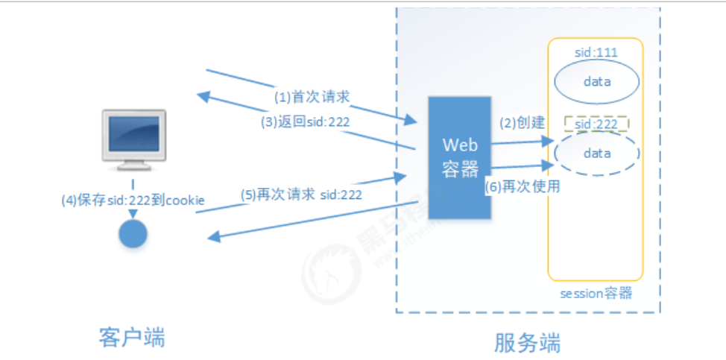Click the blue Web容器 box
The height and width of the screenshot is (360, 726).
point(459,157)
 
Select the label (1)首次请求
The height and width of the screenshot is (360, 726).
point(312,96)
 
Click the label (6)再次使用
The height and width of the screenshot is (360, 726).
point(522,187)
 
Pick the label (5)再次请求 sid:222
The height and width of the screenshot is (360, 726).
point(301,195)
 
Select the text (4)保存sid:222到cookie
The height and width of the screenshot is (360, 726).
point(133,200)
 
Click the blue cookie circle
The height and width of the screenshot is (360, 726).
point(133,234)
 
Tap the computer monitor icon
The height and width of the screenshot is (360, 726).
point(134,139)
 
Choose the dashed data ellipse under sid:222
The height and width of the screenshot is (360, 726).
point(596,154)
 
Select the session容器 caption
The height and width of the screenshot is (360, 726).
point(596,293)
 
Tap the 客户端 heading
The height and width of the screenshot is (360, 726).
point(132,337)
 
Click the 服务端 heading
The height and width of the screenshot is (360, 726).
point(527,342)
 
